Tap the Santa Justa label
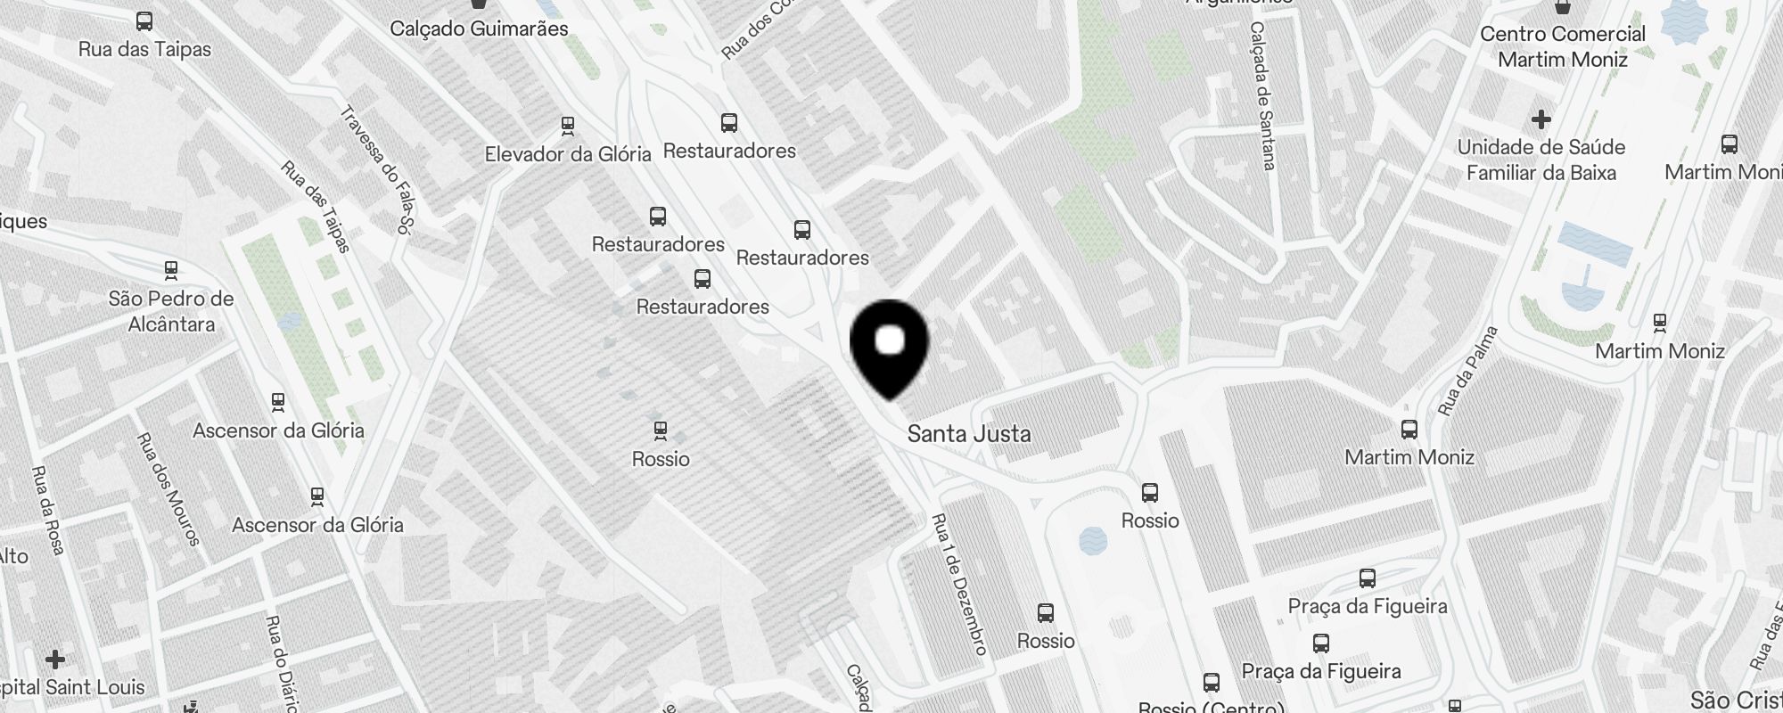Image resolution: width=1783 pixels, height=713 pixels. click(x=968, y=434)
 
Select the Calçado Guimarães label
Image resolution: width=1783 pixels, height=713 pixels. click(x=479, y=29)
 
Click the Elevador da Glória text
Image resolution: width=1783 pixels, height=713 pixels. click(x=568, y=154)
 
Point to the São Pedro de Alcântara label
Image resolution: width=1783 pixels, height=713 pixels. click(x=171, y=311)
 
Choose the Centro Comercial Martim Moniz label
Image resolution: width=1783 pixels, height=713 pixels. click(x=1562, y=46)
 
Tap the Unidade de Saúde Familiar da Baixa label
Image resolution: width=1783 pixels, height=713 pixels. click(x=1541, y=160)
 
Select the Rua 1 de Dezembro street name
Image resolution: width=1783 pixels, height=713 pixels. click(x=959, y=584)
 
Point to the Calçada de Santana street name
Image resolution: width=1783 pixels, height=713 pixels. click(x=1263, y=95)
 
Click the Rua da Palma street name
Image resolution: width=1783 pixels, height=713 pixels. click(x=1467, y=371)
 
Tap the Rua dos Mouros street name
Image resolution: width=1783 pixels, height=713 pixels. click(x=168, y=488)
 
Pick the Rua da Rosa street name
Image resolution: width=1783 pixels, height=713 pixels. click(x=47, y=510)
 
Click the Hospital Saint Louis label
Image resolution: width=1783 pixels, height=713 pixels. click(x=71, y=687)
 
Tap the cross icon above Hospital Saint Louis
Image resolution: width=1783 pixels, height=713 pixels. click(x=55, y=660)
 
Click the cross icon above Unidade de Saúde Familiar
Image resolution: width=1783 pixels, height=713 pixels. click(x=1541, y=119)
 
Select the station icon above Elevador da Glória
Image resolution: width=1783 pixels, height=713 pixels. click(x=568, y=125)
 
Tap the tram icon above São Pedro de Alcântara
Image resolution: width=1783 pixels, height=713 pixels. click(x=171, y=269)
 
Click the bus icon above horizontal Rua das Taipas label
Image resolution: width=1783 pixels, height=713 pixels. click(x=144, y=21)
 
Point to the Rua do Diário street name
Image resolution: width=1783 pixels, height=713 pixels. click(x=282, y=663)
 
